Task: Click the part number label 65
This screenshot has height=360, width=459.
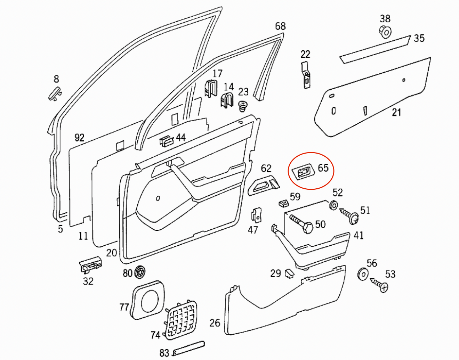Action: (323, 168)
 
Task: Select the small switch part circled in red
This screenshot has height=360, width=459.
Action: (303, 172)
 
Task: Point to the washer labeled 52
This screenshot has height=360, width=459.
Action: (333, 205)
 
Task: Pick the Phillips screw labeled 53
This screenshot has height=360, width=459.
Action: (379, 285)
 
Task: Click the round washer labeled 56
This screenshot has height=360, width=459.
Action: (362, 275)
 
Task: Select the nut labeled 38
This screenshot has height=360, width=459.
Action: (385, 32)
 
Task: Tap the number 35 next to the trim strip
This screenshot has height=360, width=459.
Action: (419, 38)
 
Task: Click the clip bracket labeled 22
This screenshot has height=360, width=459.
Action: (305, 75)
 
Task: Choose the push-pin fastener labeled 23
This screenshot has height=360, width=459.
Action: (243, 106)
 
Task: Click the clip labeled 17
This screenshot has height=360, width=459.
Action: (211, 89)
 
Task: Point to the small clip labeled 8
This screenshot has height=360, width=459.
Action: (55, 93)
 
